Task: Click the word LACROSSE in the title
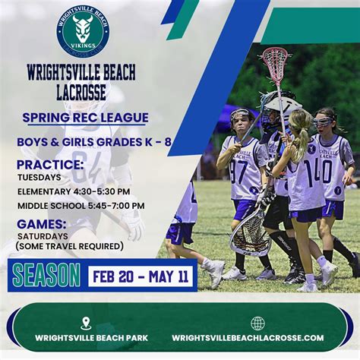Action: pyautogui.click(x=81, y=92)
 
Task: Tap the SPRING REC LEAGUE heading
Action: pyautogui.click(x=85, y=118)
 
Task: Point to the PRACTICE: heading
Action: pyautogui.click(x=50, y=164)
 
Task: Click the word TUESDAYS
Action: pyautogui.click(x=39, y=178)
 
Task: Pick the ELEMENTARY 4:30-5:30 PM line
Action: pyautogui.click(x=73, y=191)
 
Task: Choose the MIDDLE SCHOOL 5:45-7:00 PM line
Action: pyautogui.click(x=81, y=206)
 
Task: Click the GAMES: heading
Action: pyautogui.click(x=42, y=224)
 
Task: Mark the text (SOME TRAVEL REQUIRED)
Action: pyautogui.click(x=69, y=246)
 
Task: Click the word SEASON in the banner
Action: pyautogui.click(x=46, y=275)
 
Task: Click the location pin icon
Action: pyautogui.click(x=85, y=324)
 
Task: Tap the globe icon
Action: pyautogui.click(x=257, y=324)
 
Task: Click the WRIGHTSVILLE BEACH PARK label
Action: pyautogui.click(x=85, y=338)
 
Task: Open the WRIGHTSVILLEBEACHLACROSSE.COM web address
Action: pyautogui.click(x=248, y=338)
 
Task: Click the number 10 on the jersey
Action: pyautogui.click(x=327, y=172)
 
